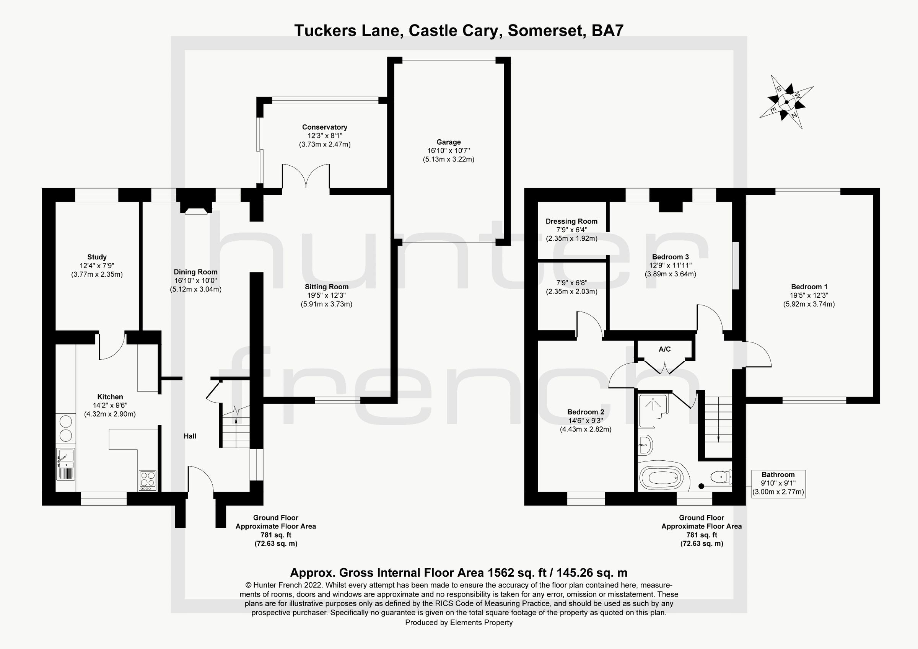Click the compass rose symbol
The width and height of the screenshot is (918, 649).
click(x=786, y=102)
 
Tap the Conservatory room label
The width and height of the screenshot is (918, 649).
click(x=324, y=127)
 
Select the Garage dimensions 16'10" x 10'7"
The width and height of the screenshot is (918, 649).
click(x=448, y=151)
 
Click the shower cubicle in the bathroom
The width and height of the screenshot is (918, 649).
click(x=653, y=406)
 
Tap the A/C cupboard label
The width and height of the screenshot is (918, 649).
click(x=664, y=349)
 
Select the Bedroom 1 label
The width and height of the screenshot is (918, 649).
click(x=809, y=287)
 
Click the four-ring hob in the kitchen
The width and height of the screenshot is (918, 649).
click(x=148, y=481)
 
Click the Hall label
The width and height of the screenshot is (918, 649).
click(x=190, y=436)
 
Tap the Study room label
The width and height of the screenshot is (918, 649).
click(x=97, y=257)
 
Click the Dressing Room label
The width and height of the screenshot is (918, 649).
click(x=571, y=221)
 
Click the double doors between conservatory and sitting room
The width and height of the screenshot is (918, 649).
click(x=306, y=176)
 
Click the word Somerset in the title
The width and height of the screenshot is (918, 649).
click(x=545, y=30)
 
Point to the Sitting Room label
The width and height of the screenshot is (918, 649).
click(x=326, y=287)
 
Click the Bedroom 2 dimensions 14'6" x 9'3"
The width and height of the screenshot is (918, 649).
click(x=585, y=421)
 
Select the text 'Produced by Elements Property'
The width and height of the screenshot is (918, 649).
click(x=459, y=622)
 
